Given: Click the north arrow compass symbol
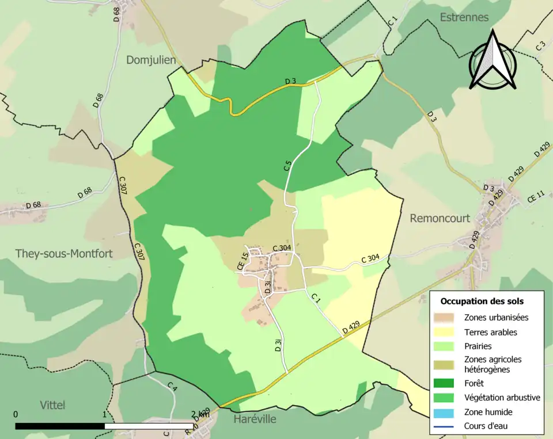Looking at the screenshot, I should [493, 61].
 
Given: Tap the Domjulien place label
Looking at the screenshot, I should [151, 60].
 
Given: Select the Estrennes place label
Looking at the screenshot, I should [464, 17].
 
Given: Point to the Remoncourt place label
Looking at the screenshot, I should [440, 218].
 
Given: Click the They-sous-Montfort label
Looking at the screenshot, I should [64, 253].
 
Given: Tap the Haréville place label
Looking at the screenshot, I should [255, 419].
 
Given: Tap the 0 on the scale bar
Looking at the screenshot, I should [16, 414].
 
